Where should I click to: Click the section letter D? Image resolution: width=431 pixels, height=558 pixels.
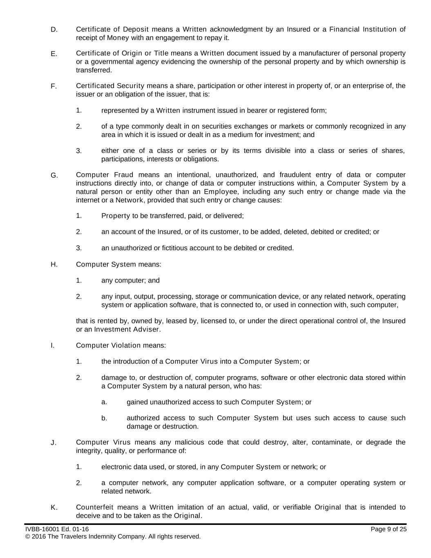click(54, 29)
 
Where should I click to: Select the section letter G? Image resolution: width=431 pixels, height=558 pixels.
click(54, 176)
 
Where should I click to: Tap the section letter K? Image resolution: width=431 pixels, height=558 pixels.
click(54, 508)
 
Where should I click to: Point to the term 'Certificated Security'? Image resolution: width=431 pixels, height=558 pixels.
click(110, 86)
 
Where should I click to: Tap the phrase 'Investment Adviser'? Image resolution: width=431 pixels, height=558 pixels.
click(127, 329)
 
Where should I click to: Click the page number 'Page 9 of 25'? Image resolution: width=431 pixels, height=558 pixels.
click(389, 529)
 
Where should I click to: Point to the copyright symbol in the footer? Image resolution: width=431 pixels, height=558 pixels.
click(28, 536)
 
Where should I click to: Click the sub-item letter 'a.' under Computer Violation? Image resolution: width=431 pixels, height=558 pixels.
click(104, 402)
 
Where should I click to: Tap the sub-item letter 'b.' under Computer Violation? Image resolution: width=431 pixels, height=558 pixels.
click(104, 418)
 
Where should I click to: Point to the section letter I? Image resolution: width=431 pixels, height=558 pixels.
click(52, 345)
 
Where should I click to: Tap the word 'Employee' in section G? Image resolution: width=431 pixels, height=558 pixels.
click(221, 192)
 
